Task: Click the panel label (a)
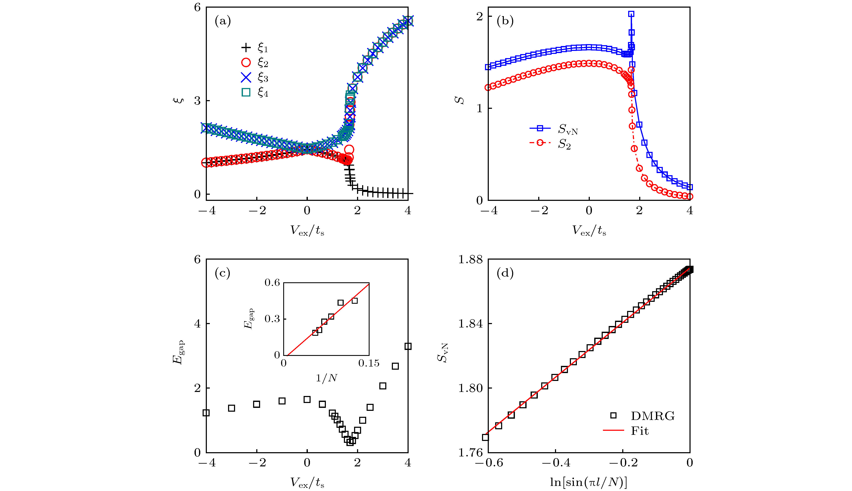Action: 223,21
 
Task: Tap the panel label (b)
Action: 505,21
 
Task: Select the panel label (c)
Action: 223,273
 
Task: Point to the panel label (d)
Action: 505,273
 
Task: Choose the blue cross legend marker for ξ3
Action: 246,78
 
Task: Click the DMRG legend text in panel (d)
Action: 653,416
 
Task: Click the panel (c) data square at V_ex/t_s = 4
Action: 408,346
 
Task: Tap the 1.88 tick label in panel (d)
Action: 471,259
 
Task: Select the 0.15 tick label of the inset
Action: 369,363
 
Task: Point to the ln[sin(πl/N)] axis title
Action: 589,483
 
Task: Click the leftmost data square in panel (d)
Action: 486,437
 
